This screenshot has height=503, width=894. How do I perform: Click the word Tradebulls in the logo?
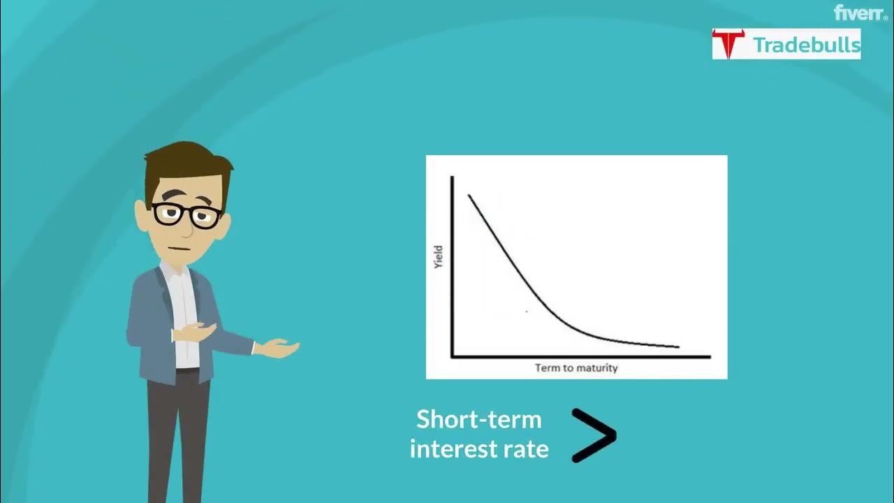tap(806, 45)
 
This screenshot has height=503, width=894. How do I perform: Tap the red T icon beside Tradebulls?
tap(728, 44)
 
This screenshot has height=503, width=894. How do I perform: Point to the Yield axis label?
tap(439, 257)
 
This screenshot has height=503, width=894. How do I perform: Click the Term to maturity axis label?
tap(576, 367)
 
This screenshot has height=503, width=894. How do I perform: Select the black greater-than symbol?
tap(594, 436)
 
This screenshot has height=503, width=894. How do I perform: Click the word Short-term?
tap(479, 419)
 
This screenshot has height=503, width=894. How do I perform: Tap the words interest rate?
tap(479, 449)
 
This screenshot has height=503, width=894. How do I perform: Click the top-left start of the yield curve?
tap(469, 195)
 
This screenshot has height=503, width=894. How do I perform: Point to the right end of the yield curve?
tap(677, 346)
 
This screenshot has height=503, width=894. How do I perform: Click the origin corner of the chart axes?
tap(453, 356)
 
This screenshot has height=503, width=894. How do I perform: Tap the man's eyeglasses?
tap(186, 214)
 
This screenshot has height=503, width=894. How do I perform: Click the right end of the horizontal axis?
tap(709, 356)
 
